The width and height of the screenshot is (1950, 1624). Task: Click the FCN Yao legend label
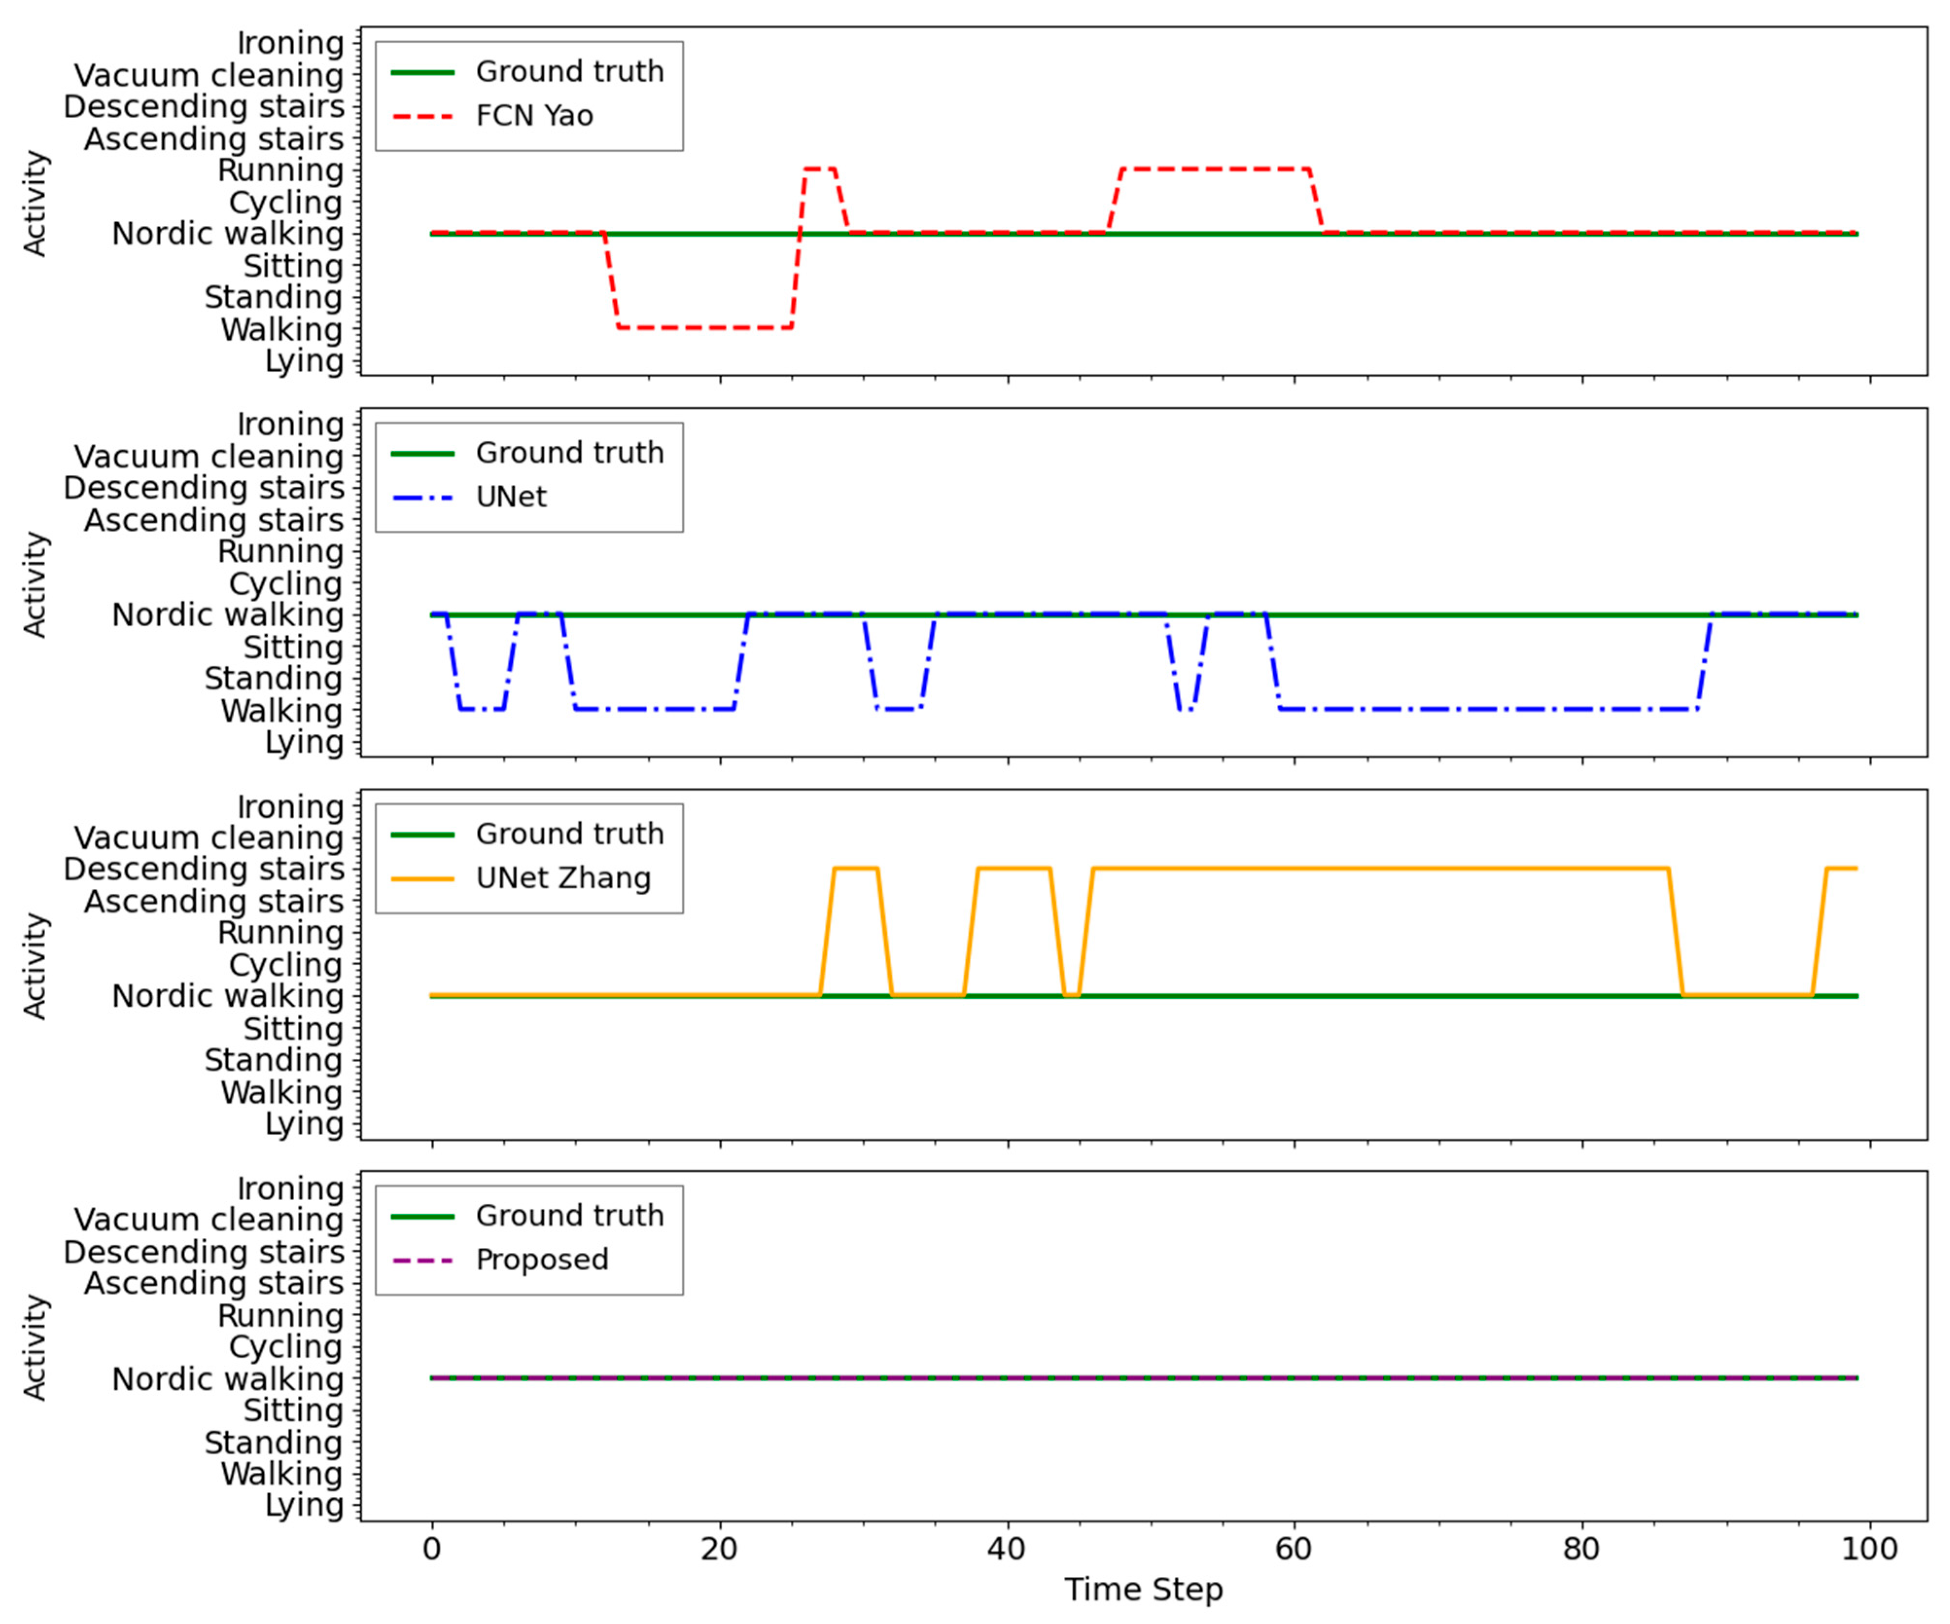pos(534,116)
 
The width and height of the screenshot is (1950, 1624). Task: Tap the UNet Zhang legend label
pos(563,879)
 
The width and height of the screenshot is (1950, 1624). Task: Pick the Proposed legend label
pos(541,1260)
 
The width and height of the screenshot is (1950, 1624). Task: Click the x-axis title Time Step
pos(1143,1589)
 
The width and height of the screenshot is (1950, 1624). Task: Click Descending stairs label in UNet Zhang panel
pos(203,869)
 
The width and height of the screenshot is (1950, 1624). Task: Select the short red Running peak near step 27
pos(819,169)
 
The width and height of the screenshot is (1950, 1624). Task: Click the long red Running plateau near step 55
pos(1215,169)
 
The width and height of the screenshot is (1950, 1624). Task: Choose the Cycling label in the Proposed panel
pos(285,1348)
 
